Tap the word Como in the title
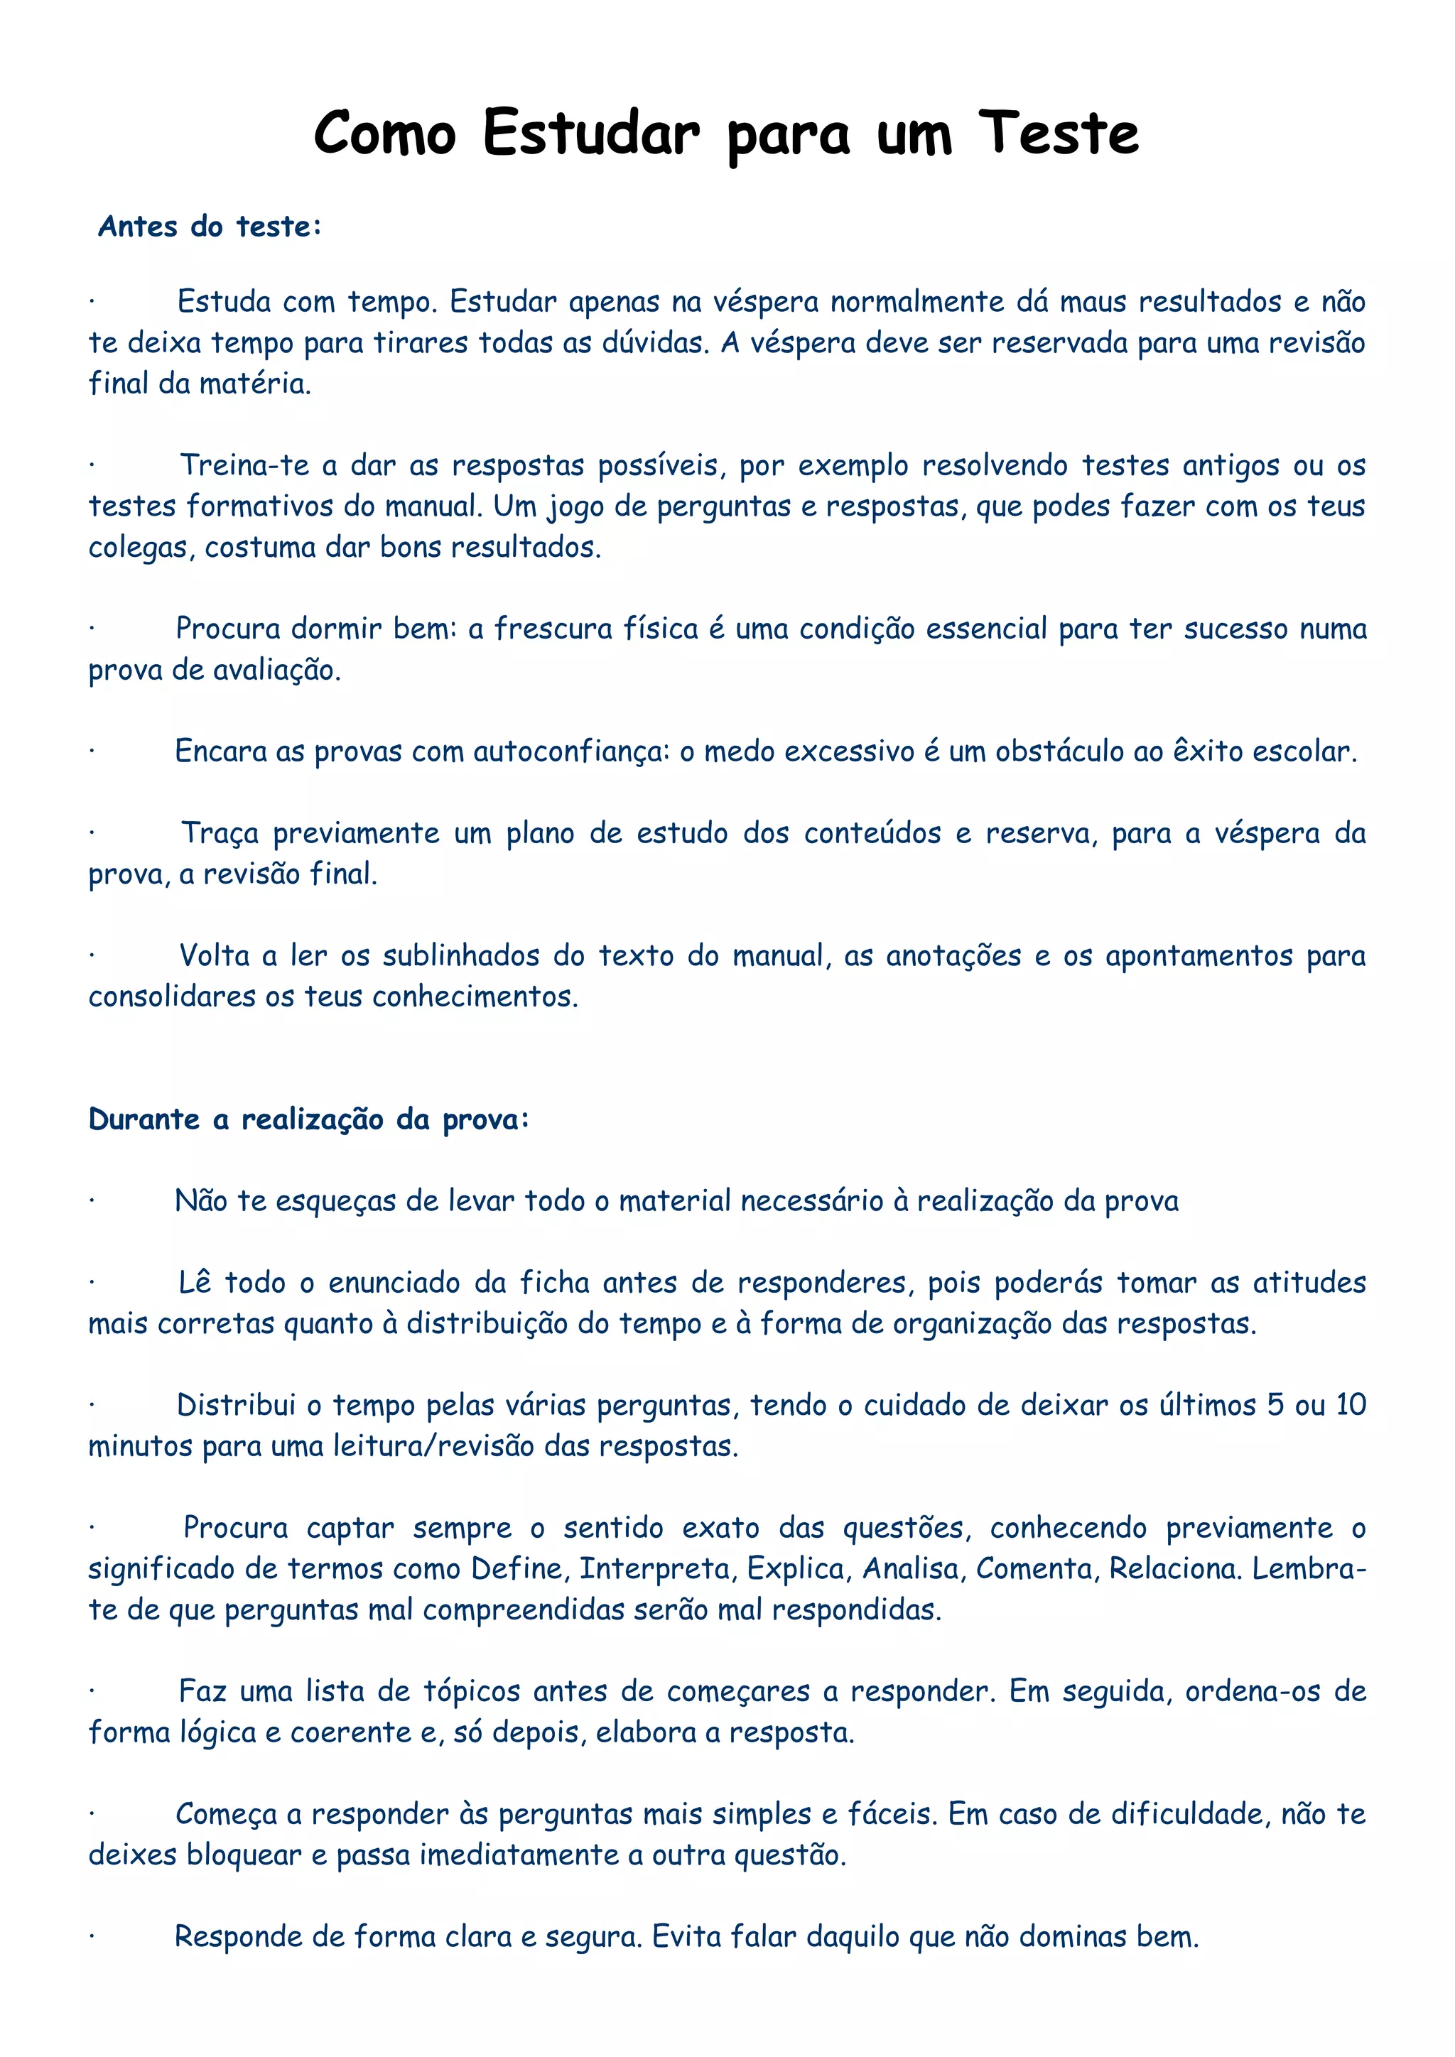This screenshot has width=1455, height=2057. [x=384, y=134]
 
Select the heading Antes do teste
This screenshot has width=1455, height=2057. [x=209, y=227]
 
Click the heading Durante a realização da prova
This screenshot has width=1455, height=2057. [x=309, y=1120]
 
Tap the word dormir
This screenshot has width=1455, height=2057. [x=337, y=629]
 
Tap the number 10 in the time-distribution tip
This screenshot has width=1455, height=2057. [x=1350, y=1405]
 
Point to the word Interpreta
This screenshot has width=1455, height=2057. [x=654, y=1569]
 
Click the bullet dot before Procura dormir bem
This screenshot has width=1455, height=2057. [x=92, y=629]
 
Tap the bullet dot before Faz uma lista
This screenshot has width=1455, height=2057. [x=92, y=1691]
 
